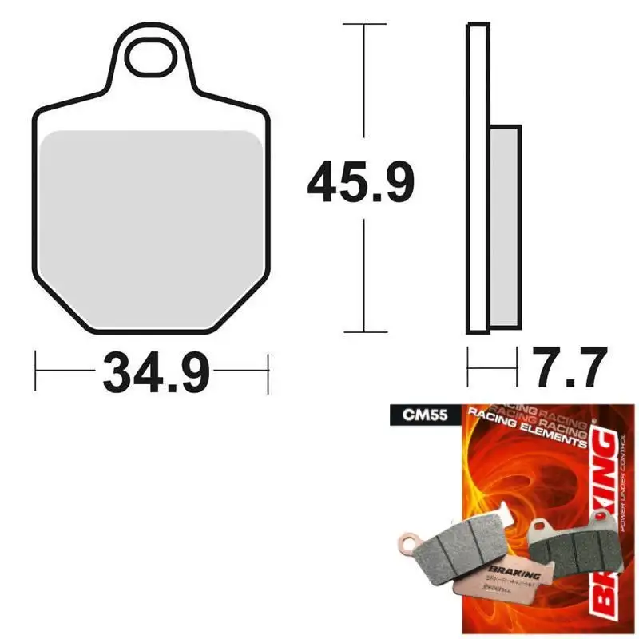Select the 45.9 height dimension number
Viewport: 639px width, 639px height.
point(360,183)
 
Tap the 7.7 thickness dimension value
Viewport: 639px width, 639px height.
point(565,369)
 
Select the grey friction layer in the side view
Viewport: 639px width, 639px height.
point(505,226)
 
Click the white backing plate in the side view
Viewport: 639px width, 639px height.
point(477,180)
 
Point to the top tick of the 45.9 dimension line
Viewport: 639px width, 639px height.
point(364,25)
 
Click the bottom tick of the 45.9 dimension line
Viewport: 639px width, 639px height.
point(364,331)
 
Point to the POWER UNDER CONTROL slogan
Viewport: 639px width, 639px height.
point(620,487)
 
